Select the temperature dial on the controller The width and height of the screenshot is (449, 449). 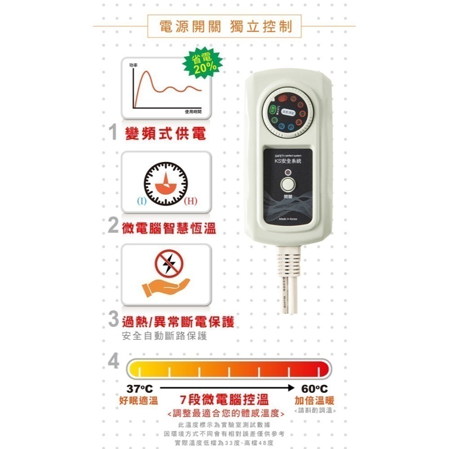click(x=288, y=114)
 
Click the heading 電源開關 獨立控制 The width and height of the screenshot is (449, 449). click(x=224, y=26)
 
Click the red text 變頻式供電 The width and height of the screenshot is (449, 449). click(x=166, y=134)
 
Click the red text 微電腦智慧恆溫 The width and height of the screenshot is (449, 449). click(x=169, y=228)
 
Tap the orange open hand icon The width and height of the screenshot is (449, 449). click(x=165, y=286)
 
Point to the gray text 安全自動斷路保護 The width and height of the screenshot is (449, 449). click(x=164, y=336)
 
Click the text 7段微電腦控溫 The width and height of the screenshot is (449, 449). click(x=224, y=400)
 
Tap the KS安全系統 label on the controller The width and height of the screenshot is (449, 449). click(x=288, y=161)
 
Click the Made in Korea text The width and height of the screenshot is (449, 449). click(x=288, y=220)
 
